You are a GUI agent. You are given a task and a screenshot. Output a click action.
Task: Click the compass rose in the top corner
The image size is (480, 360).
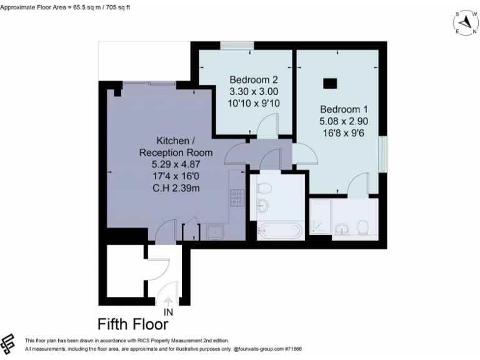(465, 22)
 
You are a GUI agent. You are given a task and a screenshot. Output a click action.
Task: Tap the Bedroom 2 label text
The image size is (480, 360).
(253, 80)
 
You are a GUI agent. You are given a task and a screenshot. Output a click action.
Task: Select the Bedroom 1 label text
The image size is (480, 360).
(341, 107)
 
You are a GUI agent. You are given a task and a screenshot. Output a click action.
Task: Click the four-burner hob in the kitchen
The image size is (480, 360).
(238, 197)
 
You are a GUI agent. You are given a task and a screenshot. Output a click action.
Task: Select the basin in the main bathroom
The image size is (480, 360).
(262, 206)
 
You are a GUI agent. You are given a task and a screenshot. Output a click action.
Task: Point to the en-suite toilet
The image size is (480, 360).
(362, 226)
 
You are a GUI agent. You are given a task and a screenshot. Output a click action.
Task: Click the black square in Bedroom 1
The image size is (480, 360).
(329, 82)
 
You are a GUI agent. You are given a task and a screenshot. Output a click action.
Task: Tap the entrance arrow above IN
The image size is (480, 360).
(167, 301)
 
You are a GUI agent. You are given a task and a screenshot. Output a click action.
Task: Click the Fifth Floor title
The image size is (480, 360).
(132, 324)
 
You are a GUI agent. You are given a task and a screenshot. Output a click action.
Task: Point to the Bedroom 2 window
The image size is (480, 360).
(237, 45)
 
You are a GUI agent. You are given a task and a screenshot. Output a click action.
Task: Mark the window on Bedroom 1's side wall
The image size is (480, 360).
(382, 153)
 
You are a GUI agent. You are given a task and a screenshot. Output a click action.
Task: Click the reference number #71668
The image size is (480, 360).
(291, 349)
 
